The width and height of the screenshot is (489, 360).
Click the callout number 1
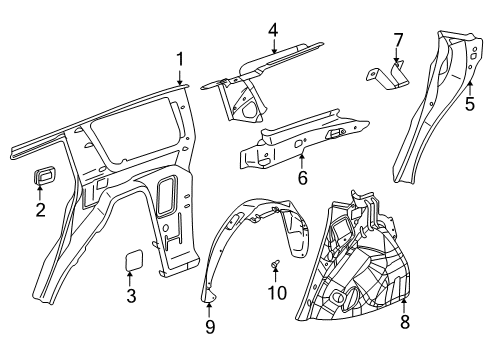[180, 59]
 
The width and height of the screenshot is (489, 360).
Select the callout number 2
[40, 209]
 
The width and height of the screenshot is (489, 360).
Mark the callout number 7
[397, 40]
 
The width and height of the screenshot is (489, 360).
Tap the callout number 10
[281, 293]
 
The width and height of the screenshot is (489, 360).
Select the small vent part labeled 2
[43, 178]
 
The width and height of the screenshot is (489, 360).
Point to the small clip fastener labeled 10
[274, 263]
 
